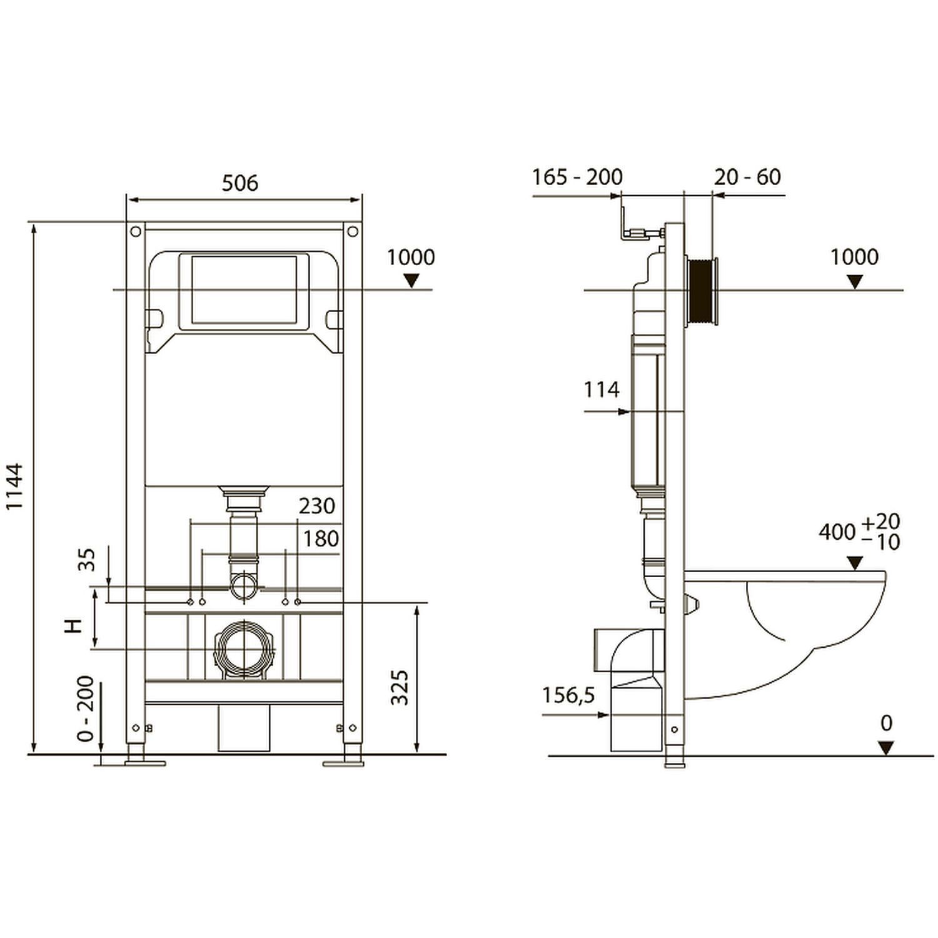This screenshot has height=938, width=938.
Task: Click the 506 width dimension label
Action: pyautogui.click(x=240, y=183)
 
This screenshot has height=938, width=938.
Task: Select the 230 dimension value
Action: pyautogui.click(x=317, y=505)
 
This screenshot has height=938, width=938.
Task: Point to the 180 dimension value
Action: pyautogui.click(x=321, y=538)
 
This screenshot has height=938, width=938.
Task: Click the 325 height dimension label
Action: pyautogui.click(x=400, y=688)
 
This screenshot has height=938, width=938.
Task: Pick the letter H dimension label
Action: pyautogui.click(x=74, y=625)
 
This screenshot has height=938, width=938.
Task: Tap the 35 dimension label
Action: pyautogui.click(x=87, y=560)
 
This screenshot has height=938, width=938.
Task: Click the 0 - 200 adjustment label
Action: pyautogui.click(x=86, y=709)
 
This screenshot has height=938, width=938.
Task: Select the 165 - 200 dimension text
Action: pyautogui.click(x=577, y=177)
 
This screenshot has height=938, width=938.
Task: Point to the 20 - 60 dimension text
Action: pyautogui.click(x=748, y=177)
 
